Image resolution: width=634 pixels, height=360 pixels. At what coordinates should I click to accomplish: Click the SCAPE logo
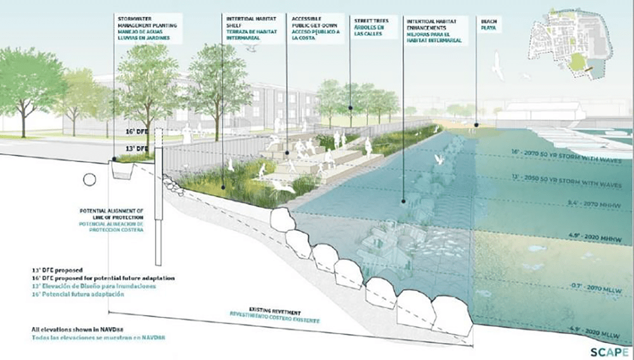(609, 351)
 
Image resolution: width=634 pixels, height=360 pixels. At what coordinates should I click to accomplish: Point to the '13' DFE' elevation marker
(139, 148)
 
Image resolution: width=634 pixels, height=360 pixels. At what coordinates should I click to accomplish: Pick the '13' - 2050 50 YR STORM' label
(567, 184)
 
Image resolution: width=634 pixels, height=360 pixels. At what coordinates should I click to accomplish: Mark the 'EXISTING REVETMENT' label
(273, 314)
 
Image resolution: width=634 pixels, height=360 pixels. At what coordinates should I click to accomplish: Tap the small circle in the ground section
(90, 180)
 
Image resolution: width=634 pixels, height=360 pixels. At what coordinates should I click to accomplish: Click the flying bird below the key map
(498, 67)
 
